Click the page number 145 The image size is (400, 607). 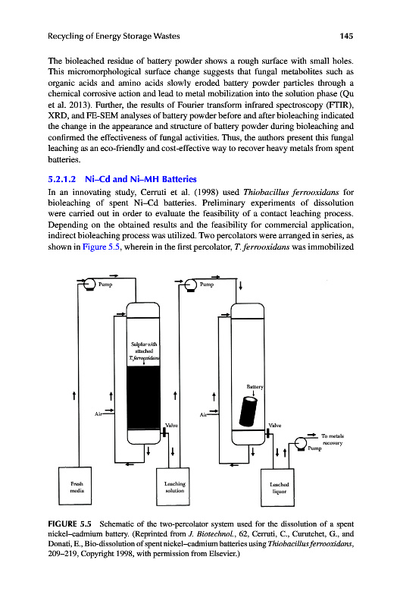pos(346,36)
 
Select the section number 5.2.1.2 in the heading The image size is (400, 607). pos(62,179)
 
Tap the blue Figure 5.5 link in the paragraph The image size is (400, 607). pos(102,247)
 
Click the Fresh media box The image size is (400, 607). pos(75,486)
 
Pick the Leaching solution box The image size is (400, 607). pos(173,486)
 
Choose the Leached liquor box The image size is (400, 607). pos(277,487)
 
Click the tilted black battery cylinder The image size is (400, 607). pos(248,411)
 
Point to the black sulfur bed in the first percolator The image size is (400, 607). pos(143,398)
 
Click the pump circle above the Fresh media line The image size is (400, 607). pos(89,284)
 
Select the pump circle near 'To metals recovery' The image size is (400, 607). pos(301,444)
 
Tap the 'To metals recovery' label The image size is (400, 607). pos(333,439)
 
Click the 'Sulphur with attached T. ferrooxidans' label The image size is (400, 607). pos(144,351)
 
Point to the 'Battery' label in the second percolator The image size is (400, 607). pos(255,386)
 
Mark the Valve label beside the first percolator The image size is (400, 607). pos(172,425)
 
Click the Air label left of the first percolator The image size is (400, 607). pos(98,414)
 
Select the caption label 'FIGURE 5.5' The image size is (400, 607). pos(70,524)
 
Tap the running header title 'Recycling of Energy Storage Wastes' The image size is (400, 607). pos(114,36)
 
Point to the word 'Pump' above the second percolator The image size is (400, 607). pos(207,285)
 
